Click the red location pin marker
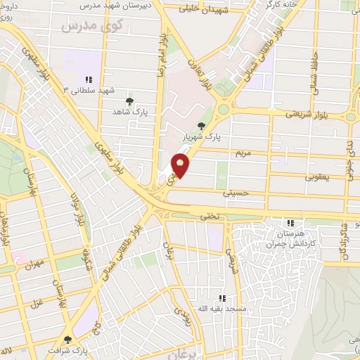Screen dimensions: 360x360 click(181, 165)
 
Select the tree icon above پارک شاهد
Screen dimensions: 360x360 click(129, 101)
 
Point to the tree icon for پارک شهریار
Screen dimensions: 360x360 click(202, 127)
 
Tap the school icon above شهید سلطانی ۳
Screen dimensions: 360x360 click(89, 79)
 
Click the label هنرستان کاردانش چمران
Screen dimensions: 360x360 click(290, 238)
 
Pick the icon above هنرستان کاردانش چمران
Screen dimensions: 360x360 click(290, 222)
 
